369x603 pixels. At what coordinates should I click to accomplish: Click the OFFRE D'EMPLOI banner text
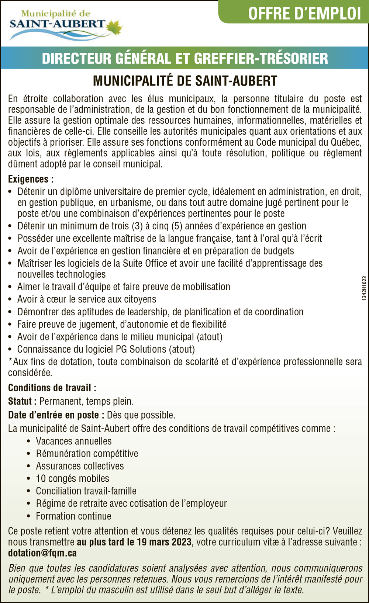304,13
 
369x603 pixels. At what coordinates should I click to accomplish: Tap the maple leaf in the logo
115,27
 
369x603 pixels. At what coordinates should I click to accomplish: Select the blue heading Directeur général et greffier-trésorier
185,58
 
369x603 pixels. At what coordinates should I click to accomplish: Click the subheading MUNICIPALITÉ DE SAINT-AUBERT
185,80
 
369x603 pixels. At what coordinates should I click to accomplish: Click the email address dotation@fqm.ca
42,553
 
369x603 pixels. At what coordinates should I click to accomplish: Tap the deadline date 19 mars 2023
164,542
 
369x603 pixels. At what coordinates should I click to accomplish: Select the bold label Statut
21,401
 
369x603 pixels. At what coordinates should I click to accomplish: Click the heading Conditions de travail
52,388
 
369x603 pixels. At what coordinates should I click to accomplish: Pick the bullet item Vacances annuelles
74,441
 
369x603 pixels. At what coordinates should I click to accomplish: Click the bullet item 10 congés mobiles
73,479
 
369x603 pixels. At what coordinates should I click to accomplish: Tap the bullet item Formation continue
73,516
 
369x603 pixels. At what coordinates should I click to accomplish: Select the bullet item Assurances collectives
80,466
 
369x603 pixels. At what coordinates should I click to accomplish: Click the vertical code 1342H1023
364,288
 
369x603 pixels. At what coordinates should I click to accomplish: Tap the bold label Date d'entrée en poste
54,415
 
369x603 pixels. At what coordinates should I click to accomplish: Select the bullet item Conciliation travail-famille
86,491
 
